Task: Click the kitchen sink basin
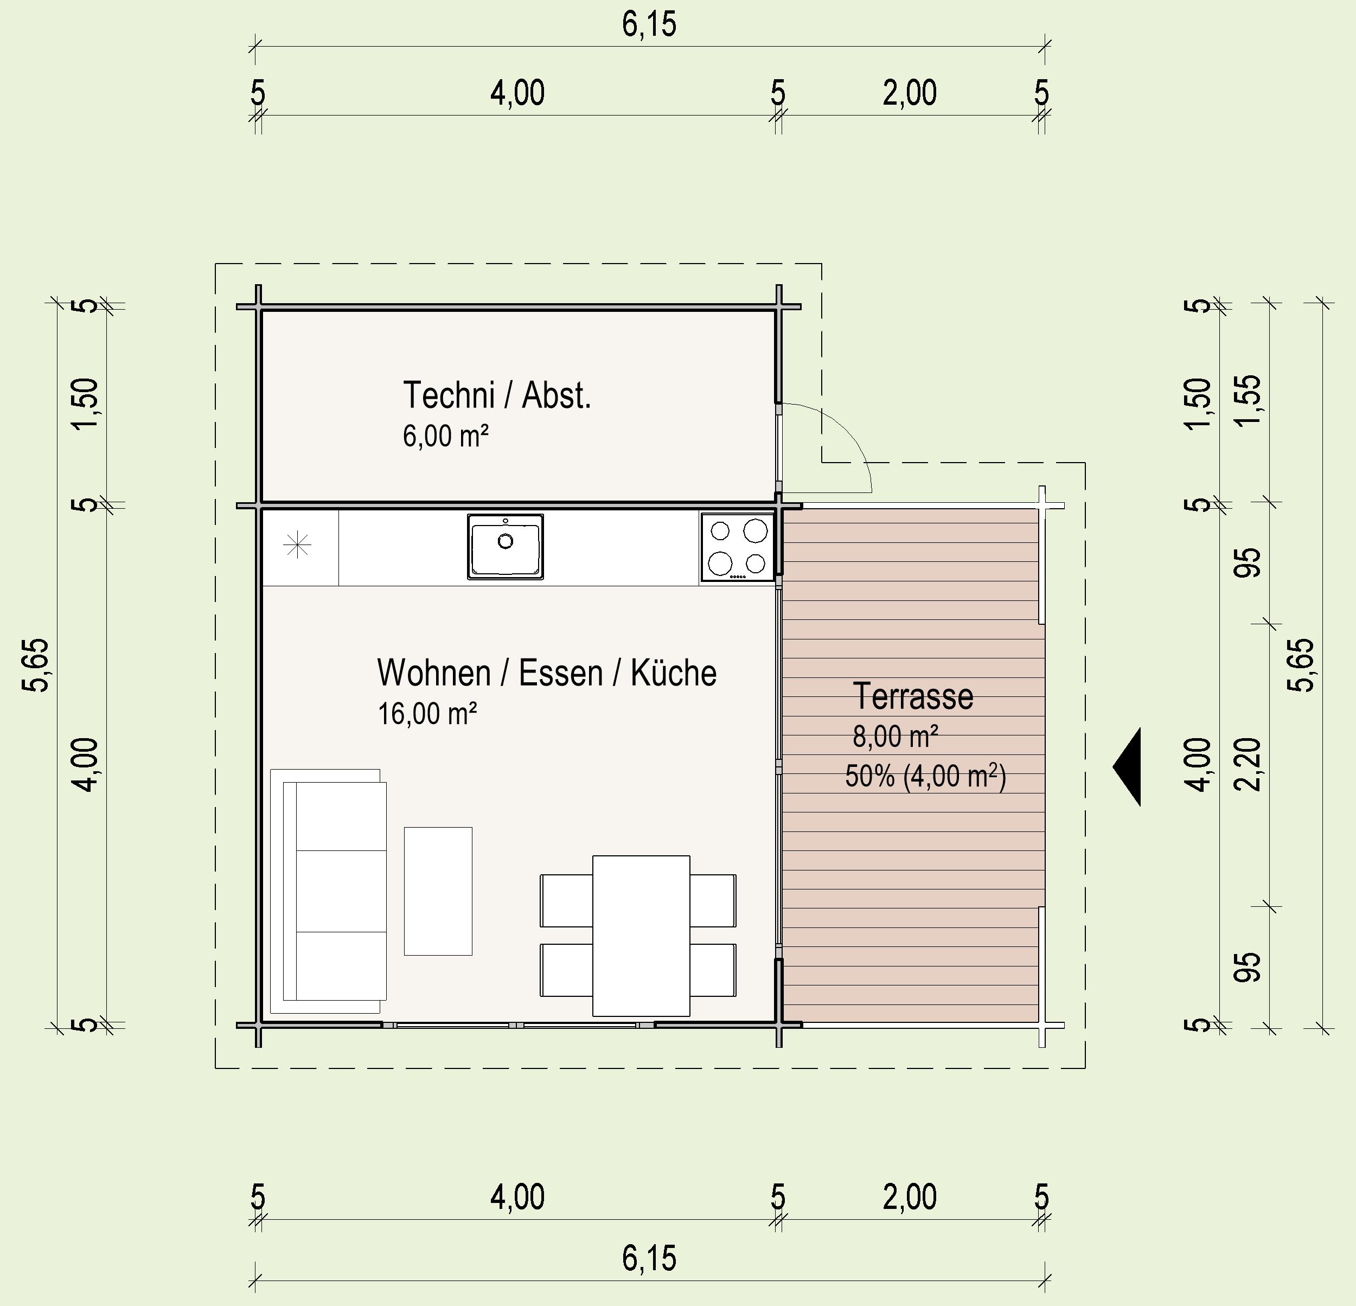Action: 505,547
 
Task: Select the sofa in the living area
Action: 328,891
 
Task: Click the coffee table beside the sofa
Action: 438,891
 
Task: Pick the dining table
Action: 641,935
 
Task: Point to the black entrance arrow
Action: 1127,766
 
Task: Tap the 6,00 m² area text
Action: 445,437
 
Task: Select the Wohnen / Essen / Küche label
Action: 547,673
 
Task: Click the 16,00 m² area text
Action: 427,713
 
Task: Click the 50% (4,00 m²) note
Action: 925,776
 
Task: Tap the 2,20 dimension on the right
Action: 1248,764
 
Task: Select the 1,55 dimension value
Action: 1248,401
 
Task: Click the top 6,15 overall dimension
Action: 649,24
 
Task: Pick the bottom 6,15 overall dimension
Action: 649,1258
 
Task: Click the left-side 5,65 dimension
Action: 35,665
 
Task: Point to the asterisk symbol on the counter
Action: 297,546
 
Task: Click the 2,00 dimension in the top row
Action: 910,93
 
